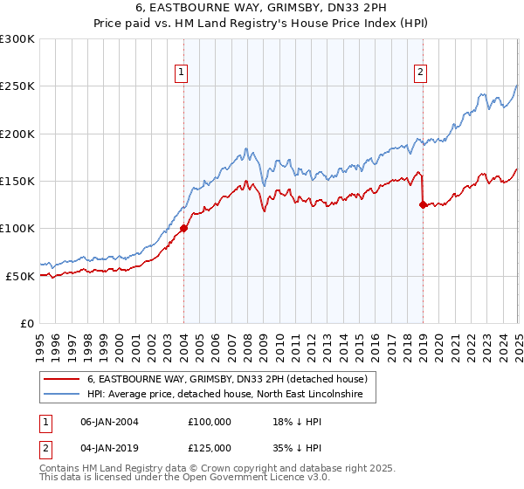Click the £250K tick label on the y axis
[17, 86]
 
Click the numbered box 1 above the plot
[182, 72]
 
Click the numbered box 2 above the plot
[420, 72]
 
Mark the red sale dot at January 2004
[183, 229]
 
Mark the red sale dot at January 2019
[423, 205]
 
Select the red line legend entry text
[231, 380]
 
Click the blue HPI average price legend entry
[230, 396]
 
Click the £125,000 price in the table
[209, 447]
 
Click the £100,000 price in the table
[209, 422]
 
